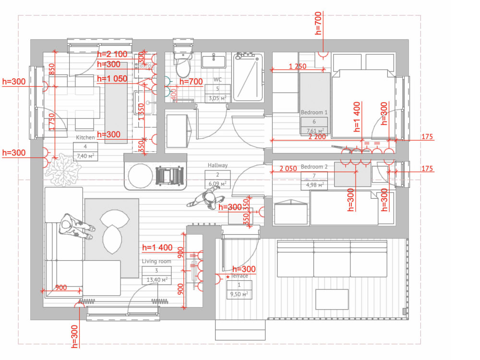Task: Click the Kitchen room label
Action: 85,138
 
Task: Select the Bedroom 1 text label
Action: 314,112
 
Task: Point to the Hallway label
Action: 217,165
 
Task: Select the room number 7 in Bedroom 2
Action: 314,176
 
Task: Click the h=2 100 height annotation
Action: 112,55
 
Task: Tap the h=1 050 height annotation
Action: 112,79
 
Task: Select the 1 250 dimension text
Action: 298,67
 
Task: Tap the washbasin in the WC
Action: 214,61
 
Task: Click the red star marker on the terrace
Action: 228,277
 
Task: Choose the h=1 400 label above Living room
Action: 157,248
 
